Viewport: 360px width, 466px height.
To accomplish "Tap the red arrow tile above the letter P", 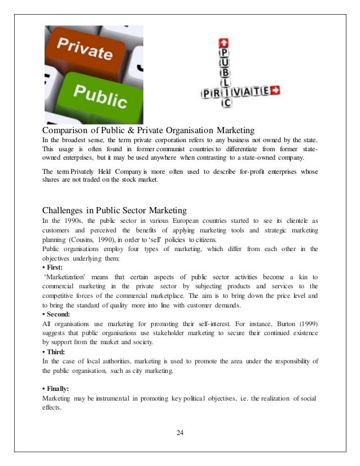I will [x=225, y=42].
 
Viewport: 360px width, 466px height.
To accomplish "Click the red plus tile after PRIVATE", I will [x=276, y=90].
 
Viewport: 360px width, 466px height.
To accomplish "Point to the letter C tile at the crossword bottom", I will [x=225, y=102].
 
